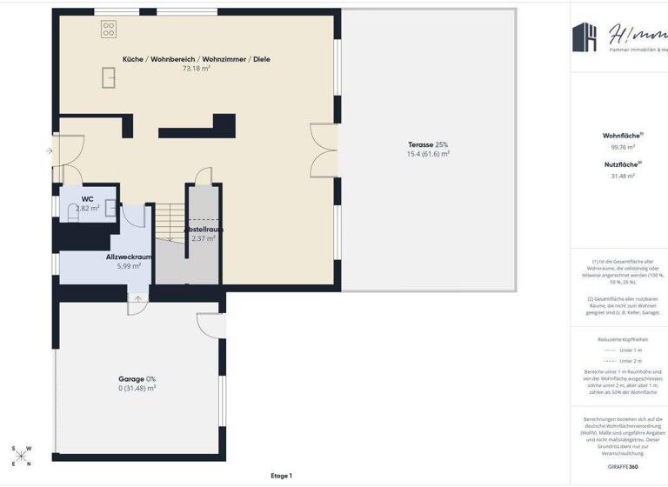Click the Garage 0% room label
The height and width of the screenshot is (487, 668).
tap(137, 379)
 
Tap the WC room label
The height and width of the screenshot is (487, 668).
tap(88, 199)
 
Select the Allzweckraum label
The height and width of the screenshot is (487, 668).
tap(129, 257)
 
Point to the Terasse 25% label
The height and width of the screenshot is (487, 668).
tap(428, 144)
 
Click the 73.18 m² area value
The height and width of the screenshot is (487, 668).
tap(196, 68)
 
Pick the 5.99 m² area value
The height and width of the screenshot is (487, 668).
tap(129, 266)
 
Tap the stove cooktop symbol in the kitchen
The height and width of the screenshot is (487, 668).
tap(110, 30)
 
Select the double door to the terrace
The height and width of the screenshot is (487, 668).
tap(324, 150)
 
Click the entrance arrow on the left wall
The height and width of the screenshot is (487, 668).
tap(50, 151)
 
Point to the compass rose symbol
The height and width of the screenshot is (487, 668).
tap(22, 457)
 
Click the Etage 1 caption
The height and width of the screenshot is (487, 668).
tap(281, 476)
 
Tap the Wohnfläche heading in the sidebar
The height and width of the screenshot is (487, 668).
tap(623, 136)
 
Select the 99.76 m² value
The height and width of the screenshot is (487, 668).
tap(623, 147)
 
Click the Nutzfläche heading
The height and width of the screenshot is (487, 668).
tap(623, 163)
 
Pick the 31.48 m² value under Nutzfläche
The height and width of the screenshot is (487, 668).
tap(623, 176)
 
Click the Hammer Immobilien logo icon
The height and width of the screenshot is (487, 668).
tap(584, 37)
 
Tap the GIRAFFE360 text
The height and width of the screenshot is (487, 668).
tap(623, 467)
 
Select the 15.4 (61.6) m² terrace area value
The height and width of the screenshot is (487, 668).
tap(428, 154)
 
